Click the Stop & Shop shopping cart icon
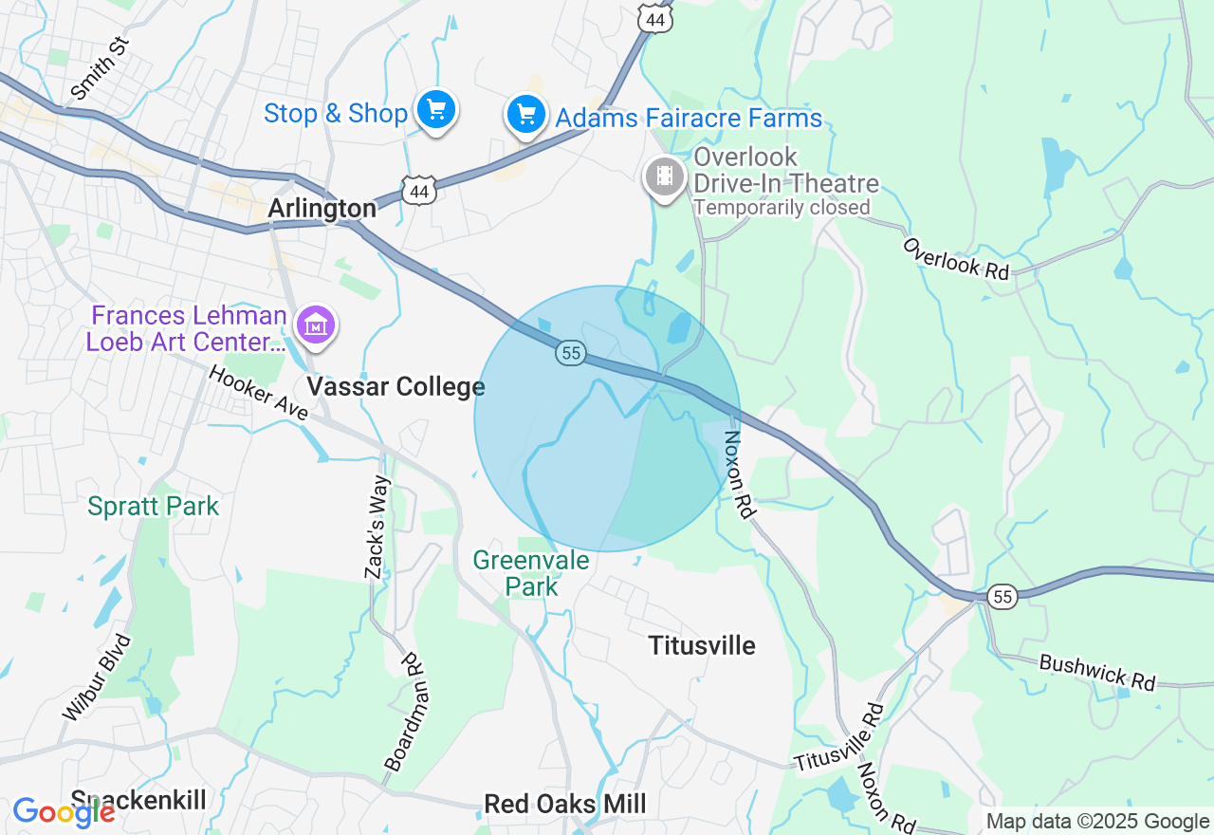[435, 111]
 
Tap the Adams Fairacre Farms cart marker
[525, 115]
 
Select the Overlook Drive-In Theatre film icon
[665, 176]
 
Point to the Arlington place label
[322, 209]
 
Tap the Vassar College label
[395, 386]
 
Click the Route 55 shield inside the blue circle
[570, 353]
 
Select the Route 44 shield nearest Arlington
[418, 192]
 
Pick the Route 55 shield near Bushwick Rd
[1002, 596]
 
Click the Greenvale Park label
[531, 573]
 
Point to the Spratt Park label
[153, 507]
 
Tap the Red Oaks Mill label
[564, 805]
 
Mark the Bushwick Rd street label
[1097, 672]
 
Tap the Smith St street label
[99, 69]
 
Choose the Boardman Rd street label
[402, 711]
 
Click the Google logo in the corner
[64, 812]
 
